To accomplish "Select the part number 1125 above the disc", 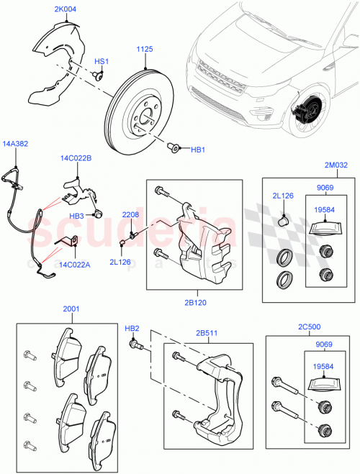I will point(146,50).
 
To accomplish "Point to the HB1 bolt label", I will point(197,150).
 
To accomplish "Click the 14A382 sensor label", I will point(16,144).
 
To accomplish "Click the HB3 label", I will point(77,216).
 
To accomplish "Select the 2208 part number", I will point(130,215).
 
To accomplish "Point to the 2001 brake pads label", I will point(72,309).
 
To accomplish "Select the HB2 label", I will point(132,329).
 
